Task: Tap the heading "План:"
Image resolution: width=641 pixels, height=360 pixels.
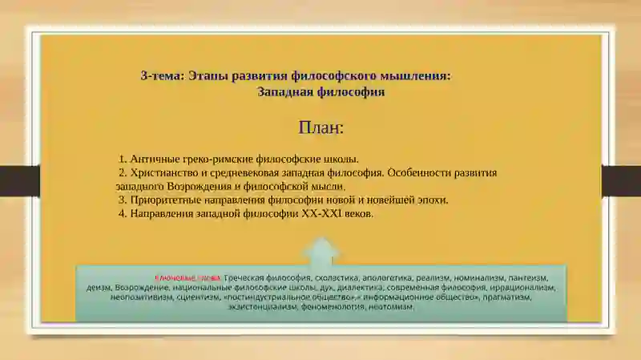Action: point(321,127)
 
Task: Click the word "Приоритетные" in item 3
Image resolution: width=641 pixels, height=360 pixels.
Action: point(165,200)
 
